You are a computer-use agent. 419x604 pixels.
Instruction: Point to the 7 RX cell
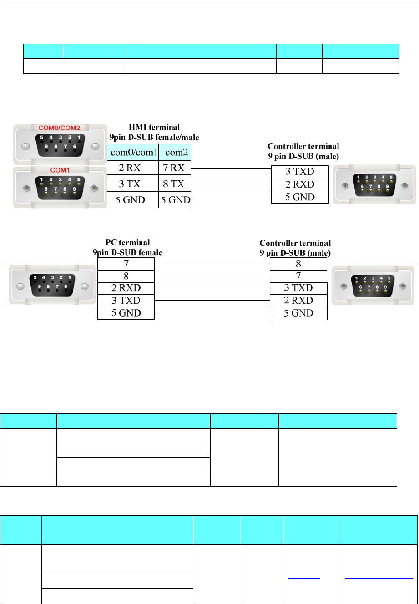(x=174, y=168)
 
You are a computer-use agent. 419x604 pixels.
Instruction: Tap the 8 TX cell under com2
(x=174, y=184)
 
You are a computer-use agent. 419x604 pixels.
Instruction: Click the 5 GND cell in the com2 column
(x=175, y=200)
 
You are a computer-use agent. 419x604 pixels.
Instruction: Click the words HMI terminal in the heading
(x=154, y=128)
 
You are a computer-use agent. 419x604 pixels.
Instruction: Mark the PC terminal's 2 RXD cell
(x=126, y=288)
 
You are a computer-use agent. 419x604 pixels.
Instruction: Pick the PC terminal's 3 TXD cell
(x=126, y=301)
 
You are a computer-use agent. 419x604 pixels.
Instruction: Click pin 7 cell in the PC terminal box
(x=126, y=263)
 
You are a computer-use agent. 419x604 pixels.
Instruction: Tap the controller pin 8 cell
(x=298, y=263)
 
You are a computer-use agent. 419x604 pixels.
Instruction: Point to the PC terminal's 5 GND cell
(x=126, y=313)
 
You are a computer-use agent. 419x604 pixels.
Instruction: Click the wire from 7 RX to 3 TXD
(x=231, y=169)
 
